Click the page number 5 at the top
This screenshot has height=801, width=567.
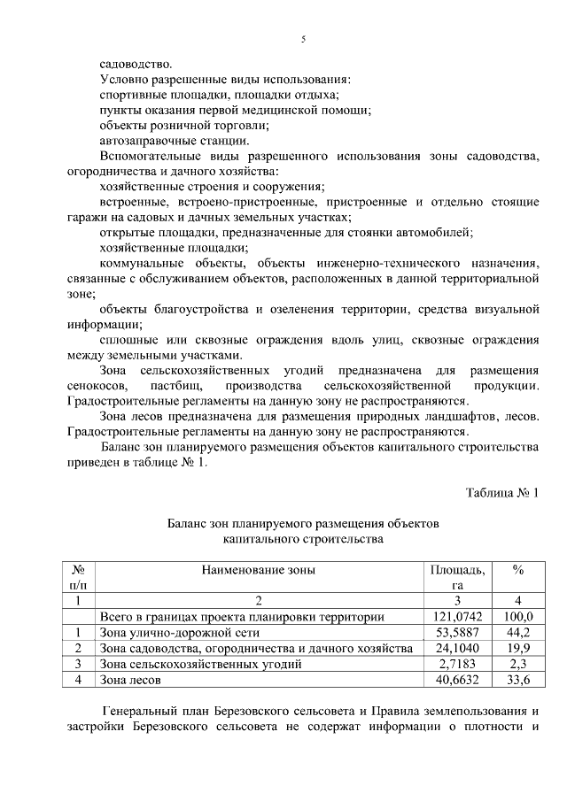[x=303, y=40]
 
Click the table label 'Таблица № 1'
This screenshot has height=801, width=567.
[x=501, y=492]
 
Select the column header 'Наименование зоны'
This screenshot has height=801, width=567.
[x=258, y=571]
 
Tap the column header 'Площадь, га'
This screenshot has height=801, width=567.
[x=457, y=578]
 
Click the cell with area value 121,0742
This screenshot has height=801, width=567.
[x=457, y=616]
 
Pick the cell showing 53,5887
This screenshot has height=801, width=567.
[x=457, y=632]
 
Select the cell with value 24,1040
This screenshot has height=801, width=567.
[x=457, y=648]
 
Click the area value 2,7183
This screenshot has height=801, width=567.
[x=457, y=664]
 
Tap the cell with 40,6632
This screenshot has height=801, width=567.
[x=457, y=680]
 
